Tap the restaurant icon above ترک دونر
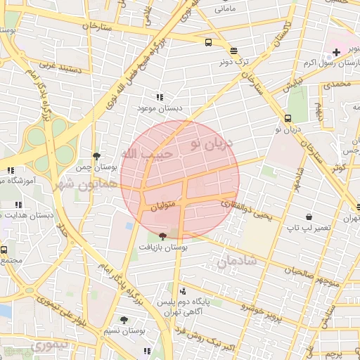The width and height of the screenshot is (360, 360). point(233,50)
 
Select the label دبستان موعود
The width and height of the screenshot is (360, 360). point(160,108)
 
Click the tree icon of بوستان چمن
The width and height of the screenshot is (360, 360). point(96,157)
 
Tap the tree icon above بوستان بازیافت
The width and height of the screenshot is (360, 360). point(163,236)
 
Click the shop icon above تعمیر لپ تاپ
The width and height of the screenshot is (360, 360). point(309,217)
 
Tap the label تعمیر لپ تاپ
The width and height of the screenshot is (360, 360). point(307,229)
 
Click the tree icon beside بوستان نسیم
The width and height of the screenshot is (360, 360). point(124,320)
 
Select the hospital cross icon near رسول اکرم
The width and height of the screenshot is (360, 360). point(336,51)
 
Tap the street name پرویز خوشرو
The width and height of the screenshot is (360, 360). point(262,309)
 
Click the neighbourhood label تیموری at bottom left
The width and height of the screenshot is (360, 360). point(51,346)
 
